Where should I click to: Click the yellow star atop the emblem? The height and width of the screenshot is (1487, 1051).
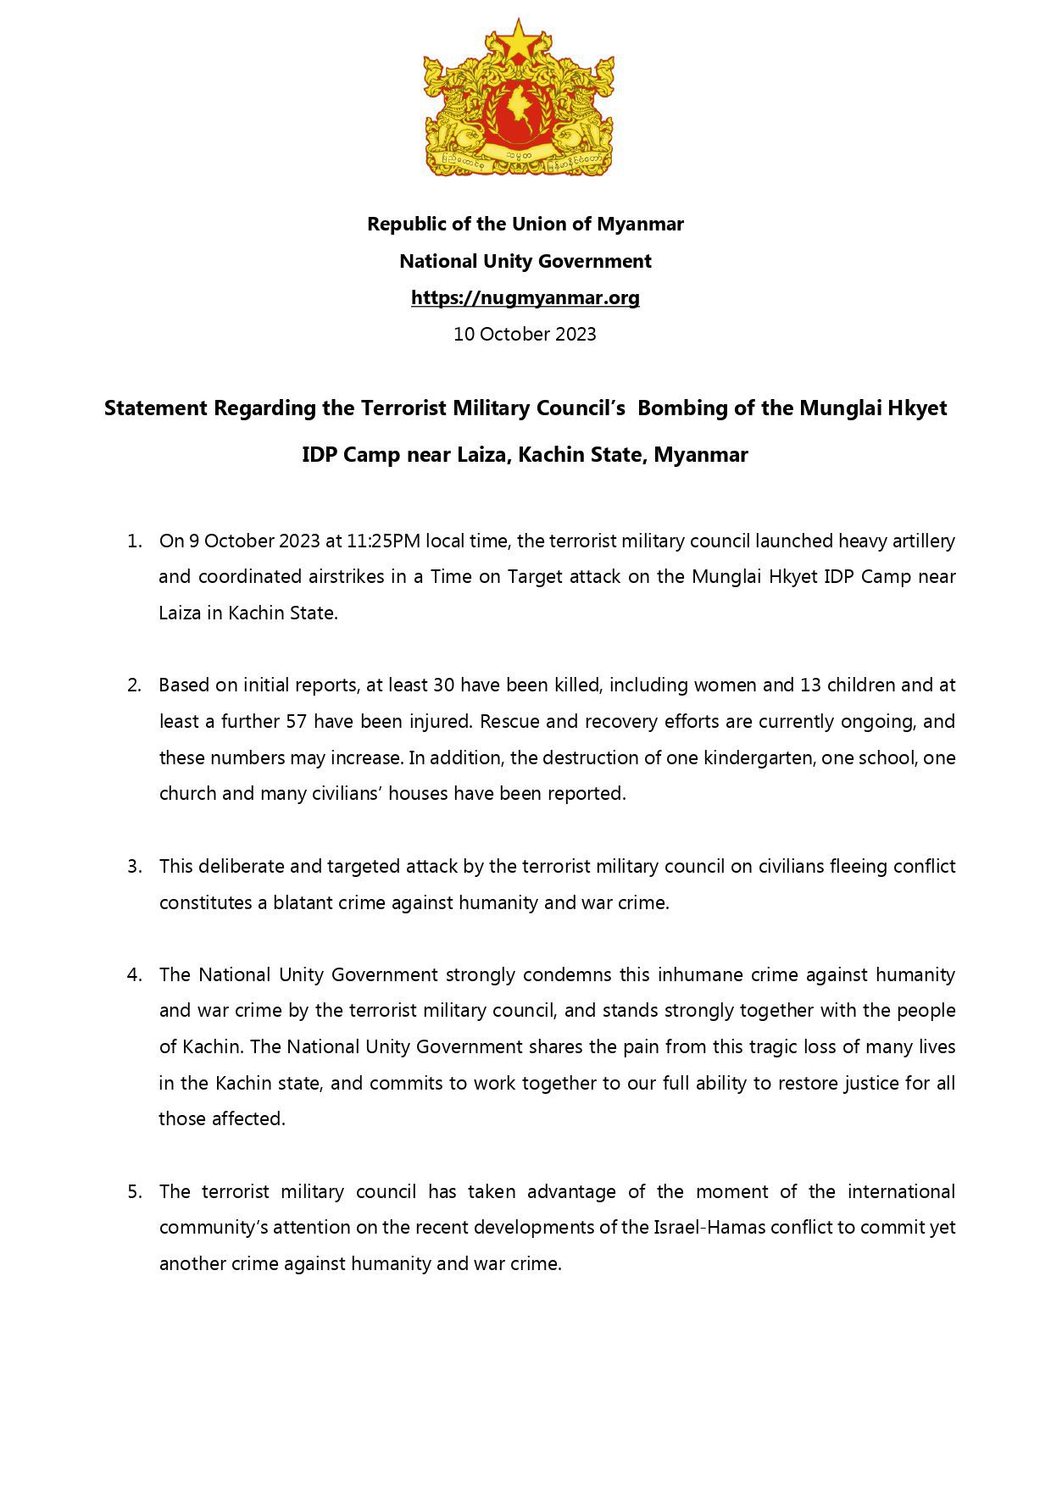tap(516, 39)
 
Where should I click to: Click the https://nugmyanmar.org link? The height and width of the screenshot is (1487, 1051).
tap(525, 297)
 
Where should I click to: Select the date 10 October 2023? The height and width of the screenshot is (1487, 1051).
tap(525, 334)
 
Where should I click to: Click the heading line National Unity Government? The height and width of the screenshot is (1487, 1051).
tap(525, 261)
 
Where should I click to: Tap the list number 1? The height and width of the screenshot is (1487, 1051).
tap(134, 541)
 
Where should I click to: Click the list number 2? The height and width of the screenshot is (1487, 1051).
tap(134, 685)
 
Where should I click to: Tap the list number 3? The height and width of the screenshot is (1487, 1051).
tap(134, 866)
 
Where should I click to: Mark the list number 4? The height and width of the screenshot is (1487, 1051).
tap(134, 974)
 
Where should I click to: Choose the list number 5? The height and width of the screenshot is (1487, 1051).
tap(134, 1191)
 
